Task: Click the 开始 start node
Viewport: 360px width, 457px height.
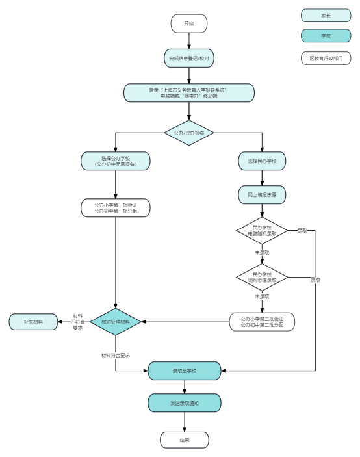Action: (x=188, y=23)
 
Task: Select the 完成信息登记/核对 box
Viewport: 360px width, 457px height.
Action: (x=188, y=59)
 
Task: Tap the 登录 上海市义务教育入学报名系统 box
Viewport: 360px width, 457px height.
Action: (x=188, y=93)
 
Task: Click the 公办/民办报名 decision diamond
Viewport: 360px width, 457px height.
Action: (x=188, y=133)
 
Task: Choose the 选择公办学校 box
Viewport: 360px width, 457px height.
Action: (x=115, y=161)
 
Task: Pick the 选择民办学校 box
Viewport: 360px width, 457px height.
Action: (x=262, y=161)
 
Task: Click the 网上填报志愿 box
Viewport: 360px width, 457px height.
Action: (x=262, y=194)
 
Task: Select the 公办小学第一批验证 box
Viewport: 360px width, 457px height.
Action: (x=115, y=208)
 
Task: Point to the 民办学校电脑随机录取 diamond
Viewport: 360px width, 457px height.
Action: (x=262, y=231)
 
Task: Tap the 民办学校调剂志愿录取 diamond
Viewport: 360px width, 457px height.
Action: (x=262, y=277)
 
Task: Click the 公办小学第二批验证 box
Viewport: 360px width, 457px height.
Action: (x=262, y=322)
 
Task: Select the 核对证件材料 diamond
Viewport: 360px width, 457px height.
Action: (x=115, y=322)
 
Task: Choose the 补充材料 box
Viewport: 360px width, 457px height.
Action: (x=33, y=322)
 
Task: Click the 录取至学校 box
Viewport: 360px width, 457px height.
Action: (x=185, y=371)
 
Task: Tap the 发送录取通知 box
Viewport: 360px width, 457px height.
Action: (x=185, y=403)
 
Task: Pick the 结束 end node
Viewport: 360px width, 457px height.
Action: (x=185, y=440)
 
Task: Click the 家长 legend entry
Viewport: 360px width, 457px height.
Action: (x=326, y=16)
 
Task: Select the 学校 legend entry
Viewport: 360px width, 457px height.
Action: (x=326, y=36)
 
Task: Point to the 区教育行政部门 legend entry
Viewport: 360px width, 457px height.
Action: (x=326, y=59)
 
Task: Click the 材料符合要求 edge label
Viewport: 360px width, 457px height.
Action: (x=115, y=356)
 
